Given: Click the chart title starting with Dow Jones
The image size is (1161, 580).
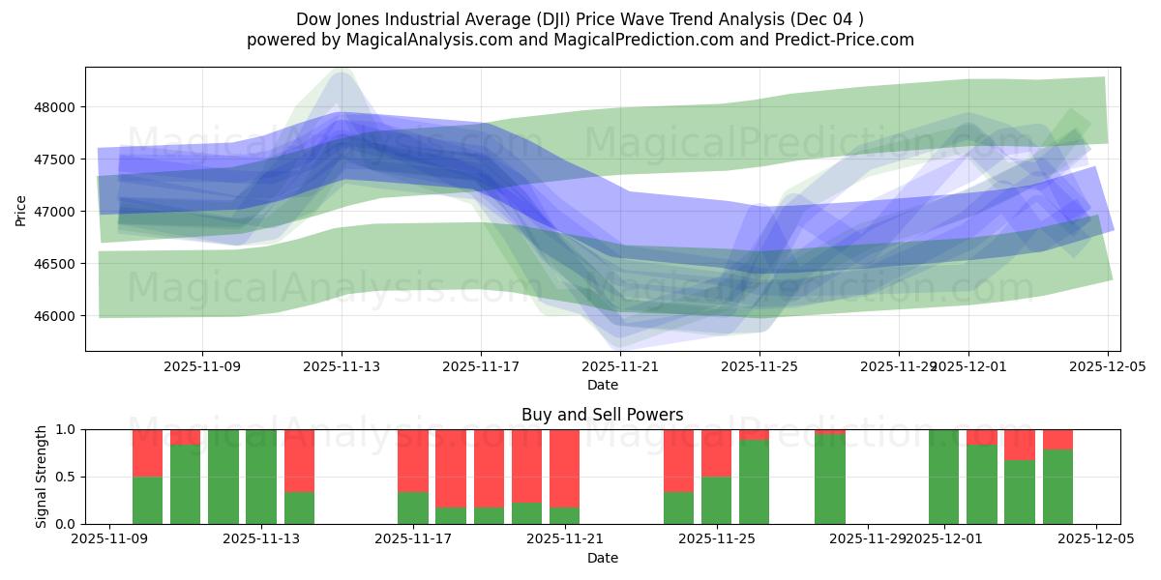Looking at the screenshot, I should click(580, 18).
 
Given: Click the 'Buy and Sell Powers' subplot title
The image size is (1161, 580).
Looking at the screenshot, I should click(602, 415).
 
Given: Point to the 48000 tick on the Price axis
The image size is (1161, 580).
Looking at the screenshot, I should click(60, 107).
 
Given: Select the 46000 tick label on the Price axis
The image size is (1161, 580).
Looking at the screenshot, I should click(60, 316).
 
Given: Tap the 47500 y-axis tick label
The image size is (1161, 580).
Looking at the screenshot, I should click(60, 159).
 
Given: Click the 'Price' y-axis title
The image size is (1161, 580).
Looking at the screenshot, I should click(21, 210).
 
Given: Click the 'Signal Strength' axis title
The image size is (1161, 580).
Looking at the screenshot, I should click(42, 477).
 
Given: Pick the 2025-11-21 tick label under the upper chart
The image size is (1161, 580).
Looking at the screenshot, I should click(619, 366).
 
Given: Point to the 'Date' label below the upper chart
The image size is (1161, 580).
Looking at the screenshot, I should click(602, 385).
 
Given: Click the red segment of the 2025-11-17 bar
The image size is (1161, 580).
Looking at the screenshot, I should click(413, 460).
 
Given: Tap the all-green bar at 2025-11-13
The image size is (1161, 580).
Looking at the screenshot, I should click(261, 477).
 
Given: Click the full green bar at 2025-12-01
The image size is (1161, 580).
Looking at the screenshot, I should click(943, 477).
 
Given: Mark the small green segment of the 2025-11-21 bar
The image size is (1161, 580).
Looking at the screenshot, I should click(565, 516).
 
